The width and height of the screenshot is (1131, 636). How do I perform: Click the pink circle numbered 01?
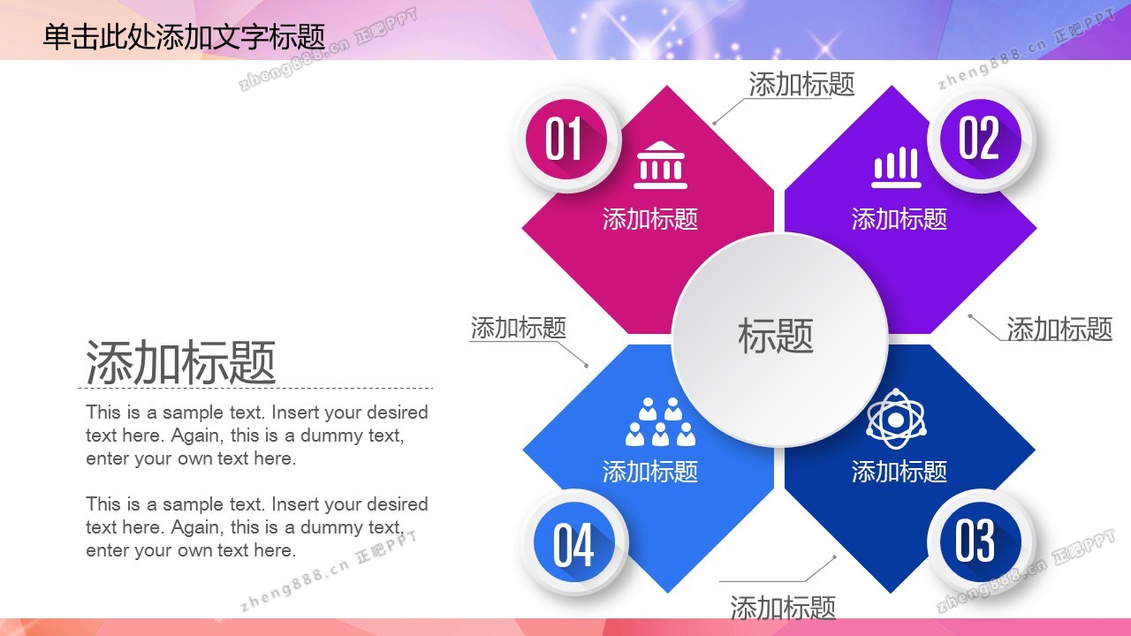pyautogui.click(x=566, y=139)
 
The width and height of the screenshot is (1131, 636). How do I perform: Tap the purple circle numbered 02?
pyautogui.click(x=981, y=139)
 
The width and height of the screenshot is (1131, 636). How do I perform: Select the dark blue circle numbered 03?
pyautogui.click(x=981, y=542)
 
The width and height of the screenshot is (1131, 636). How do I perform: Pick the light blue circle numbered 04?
pyautogui.click(x=574, y=542)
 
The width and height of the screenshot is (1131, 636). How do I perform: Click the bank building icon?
pyautogui.click(x=660, y=165)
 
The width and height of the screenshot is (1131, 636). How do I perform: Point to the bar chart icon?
pyautogui.click(x=897, y=167)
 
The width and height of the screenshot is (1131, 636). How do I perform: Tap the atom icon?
pyautogui.click(x=896, y=419)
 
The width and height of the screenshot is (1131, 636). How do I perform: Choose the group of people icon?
pyautogui.click(x=660, y=421)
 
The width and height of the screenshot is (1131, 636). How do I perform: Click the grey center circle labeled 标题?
pyautogui.click(x=779, y=340)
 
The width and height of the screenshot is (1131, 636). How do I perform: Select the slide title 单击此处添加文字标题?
pyautogui.click(x=184, y=37)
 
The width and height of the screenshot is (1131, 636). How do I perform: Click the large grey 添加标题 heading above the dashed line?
pyautogui.click(x=181, y=362)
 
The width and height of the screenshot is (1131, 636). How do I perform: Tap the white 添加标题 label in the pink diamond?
pyautogui.click(x=650, y=219)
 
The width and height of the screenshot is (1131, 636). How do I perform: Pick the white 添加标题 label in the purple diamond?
pyautogui.click(x=899, y=219)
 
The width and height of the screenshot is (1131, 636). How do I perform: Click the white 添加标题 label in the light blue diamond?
pyautogui.click(x=650, y=472)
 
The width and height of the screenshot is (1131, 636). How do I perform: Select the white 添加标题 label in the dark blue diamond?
pyautogui.click(x=899, y=472)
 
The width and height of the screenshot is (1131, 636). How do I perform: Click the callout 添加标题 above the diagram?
pyautogui.click(x=801, y=84)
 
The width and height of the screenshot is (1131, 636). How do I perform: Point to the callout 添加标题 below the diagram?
pyautogui.click(x=783, y=608)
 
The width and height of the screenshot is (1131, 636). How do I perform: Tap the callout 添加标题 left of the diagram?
pyautogui.click(x=519, y=328)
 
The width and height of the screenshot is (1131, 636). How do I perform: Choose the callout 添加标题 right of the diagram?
pyautogui.click(x=1059, y=329)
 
